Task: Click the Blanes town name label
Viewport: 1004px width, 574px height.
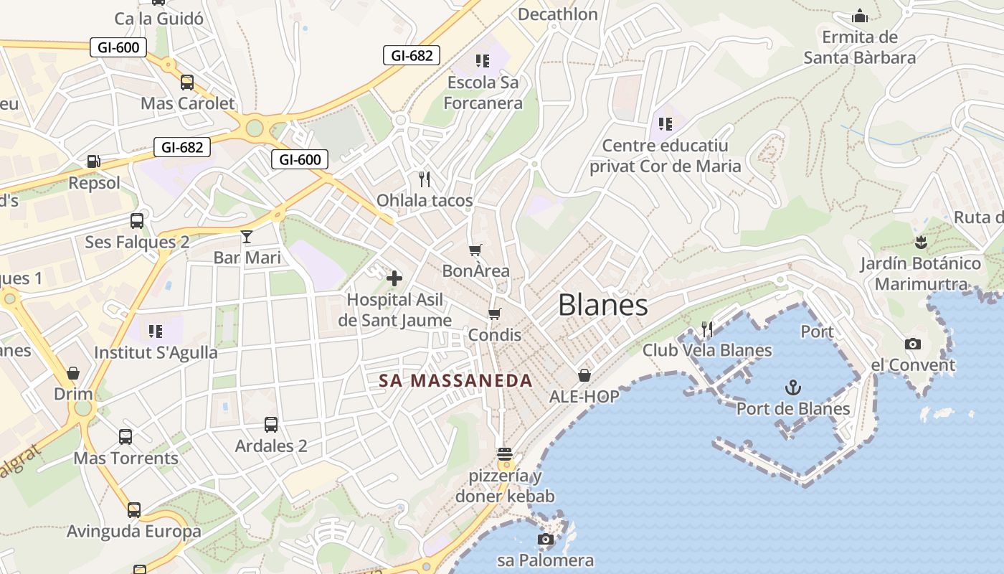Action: pos(603,305)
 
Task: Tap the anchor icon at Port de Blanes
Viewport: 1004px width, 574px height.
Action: pos(792,388)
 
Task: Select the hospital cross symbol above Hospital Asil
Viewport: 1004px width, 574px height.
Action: pos(394,278)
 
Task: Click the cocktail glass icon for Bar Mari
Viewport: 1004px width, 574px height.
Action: pos(247,236)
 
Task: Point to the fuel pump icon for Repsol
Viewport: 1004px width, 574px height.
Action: pos(93,161)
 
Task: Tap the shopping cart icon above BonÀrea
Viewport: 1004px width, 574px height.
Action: pos(475,250)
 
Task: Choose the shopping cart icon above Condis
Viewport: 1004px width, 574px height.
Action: pos(494,314)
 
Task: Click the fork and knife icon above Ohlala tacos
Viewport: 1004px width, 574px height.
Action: pos(425,179)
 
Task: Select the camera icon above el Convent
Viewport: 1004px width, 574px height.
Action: pos(912,344)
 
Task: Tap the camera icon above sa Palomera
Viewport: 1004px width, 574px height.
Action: pos(546,539)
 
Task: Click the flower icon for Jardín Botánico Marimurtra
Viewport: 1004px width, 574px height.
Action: pos(921,242)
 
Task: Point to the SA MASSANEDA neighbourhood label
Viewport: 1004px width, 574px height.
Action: pos(456,381)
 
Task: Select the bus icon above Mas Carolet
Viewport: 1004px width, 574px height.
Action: pos(187,82)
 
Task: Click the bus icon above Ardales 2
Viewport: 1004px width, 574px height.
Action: pos(271,424)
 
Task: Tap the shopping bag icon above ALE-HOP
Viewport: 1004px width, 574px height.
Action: pos(584,375)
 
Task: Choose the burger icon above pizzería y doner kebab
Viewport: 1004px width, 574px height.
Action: pos(505,453)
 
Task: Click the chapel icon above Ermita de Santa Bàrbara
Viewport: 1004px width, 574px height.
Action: pos(859,16)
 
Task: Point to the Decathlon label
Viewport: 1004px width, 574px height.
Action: pos(557,14)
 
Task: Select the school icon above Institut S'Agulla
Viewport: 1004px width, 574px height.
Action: pos(156,331)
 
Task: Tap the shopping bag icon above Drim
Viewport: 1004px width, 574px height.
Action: pos(73,373)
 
